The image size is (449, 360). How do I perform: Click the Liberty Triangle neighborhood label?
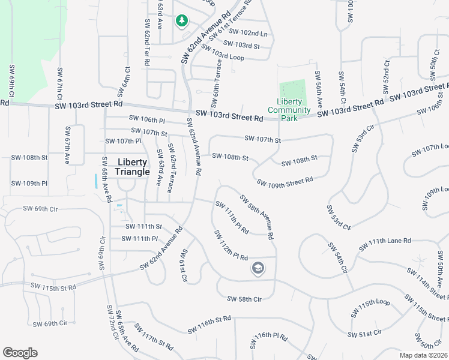tap(133, 167)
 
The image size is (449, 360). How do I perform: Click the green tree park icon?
tap(181, 21)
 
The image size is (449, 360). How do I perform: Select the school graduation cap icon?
tap(258, 268)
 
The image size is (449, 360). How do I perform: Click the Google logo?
tap(20, 353)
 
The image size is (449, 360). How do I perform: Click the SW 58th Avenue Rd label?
tap(257, 217)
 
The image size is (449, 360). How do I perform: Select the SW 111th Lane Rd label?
tap(385, 245)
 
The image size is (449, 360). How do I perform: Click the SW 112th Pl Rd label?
tap(231, 245)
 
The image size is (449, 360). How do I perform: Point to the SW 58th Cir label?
tap(244, 299)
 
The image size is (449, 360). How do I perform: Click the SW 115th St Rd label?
tap(55, 288)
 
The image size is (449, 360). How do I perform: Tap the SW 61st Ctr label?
tap(183, 265)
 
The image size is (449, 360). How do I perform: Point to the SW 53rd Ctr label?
tap(338, 217)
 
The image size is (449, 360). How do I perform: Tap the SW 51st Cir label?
tap(365, 332)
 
